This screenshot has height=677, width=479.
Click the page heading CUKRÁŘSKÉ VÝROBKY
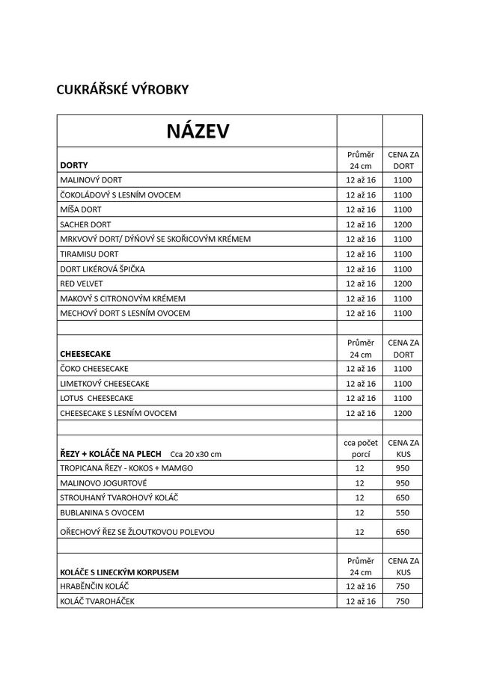(123, 90)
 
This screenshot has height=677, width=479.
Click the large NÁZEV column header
(198, 132)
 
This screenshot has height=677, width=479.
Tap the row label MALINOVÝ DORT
(91, 180)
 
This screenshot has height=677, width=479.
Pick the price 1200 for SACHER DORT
(403, 224)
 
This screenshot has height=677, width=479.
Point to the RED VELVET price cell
(403, 284)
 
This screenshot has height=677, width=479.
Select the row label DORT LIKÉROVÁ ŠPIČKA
(103, 269)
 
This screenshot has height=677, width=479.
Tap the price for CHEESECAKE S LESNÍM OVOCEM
(403, 413)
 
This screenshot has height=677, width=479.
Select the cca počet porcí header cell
(359, 448)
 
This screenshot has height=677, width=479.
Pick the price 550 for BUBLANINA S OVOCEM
(403, 512)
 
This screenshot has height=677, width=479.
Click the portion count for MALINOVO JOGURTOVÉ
(359, 483)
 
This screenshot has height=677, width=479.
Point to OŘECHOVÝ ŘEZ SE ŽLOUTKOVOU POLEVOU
(137, 532)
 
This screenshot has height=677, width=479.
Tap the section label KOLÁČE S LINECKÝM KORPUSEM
(123, 572)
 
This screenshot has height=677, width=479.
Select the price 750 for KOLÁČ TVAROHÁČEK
(403, 601)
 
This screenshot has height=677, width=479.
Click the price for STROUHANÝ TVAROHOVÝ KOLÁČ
(403, 498)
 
